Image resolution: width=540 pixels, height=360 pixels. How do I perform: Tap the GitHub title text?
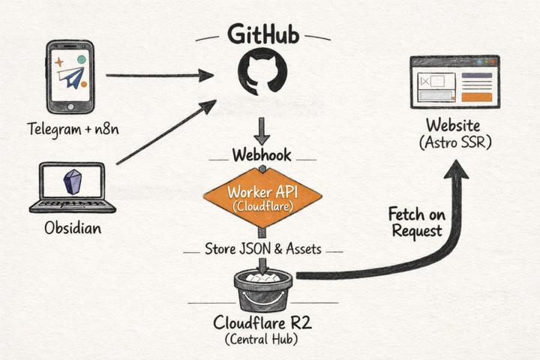(x=262, y=34)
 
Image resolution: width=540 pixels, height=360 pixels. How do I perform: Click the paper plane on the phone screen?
(x=72, y=78)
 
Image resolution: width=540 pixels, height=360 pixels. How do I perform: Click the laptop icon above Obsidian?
(x=72, y=187)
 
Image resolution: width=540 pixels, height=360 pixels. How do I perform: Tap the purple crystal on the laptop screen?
(x=73, y=181)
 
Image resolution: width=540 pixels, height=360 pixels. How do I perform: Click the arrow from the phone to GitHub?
(x=159, y=75)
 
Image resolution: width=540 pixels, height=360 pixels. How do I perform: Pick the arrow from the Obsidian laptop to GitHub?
(x=165, y=133)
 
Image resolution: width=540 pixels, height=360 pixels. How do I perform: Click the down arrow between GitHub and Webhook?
(x=262, y=130)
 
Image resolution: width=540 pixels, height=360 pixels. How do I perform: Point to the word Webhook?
(x=262, y=156)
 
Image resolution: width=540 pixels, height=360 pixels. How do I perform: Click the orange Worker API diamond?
(x=262, y=196)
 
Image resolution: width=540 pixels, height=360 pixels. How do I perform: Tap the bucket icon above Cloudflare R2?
(x=262, y=289)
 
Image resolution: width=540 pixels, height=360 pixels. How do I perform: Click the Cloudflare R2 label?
(x=262, y=324)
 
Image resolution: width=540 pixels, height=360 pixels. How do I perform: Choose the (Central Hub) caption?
(x=262, y=341)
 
